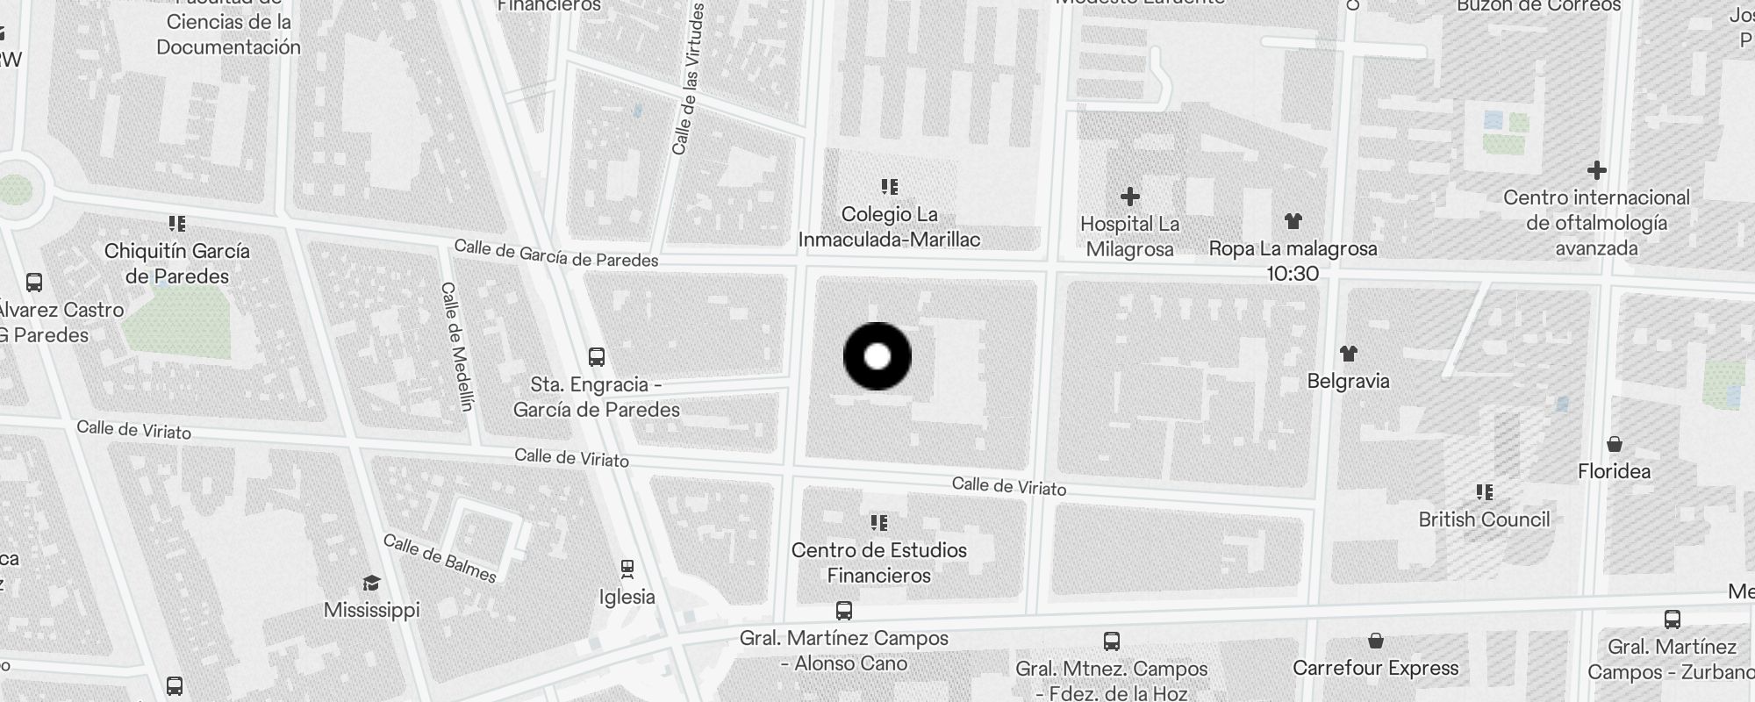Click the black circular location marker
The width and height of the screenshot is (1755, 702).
(x=877, y=356)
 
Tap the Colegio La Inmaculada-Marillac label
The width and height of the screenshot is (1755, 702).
(x=889, y=226)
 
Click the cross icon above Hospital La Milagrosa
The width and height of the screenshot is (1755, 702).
(x=1130, y=196)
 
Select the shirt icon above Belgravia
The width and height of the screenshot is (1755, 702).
(x=1349, y=354)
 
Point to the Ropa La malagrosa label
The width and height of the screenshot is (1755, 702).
(x=1293, y=249)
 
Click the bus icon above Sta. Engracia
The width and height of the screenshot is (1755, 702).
(x=597, y=357)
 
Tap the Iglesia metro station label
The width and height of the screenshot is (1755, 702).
(x=627, y=597)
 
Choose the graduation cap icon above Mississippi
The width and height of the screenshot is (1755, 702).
(x=371, y=584)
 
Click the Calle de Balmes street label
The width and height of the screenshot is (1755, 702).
(x=441, y=558)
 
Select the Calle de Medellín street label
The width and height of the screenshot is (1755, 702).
(x=457, y=347)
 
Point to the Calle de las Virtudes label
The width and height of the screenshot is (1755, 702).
(x=689, y=79)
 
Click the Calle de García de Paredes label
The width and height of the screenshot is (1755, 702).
(x=555, y=254)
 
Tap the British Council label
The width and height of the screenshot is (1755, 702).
(x=1484, y=519)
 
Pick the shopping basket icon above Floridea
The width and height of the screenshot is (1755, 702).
(x=1615, y=444)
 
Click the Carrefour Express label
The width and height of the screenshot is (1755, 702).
(x=1375, y=668)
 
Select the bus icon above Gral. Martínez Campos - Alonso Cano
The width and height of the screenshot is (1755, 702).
(x=844, y=611)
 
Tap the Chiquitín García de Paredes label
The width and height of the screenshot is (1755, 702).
(x=176, y=263)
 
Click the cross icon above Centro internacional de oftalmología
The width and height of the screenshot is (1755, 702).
(x=1596, y=170)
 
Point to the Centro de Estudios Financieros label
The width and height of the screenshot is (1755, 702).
(x=878, y=562)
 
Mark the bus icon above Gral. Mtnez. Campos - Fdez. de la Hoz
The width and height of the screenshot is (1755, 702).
(x=1112, y=641)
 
